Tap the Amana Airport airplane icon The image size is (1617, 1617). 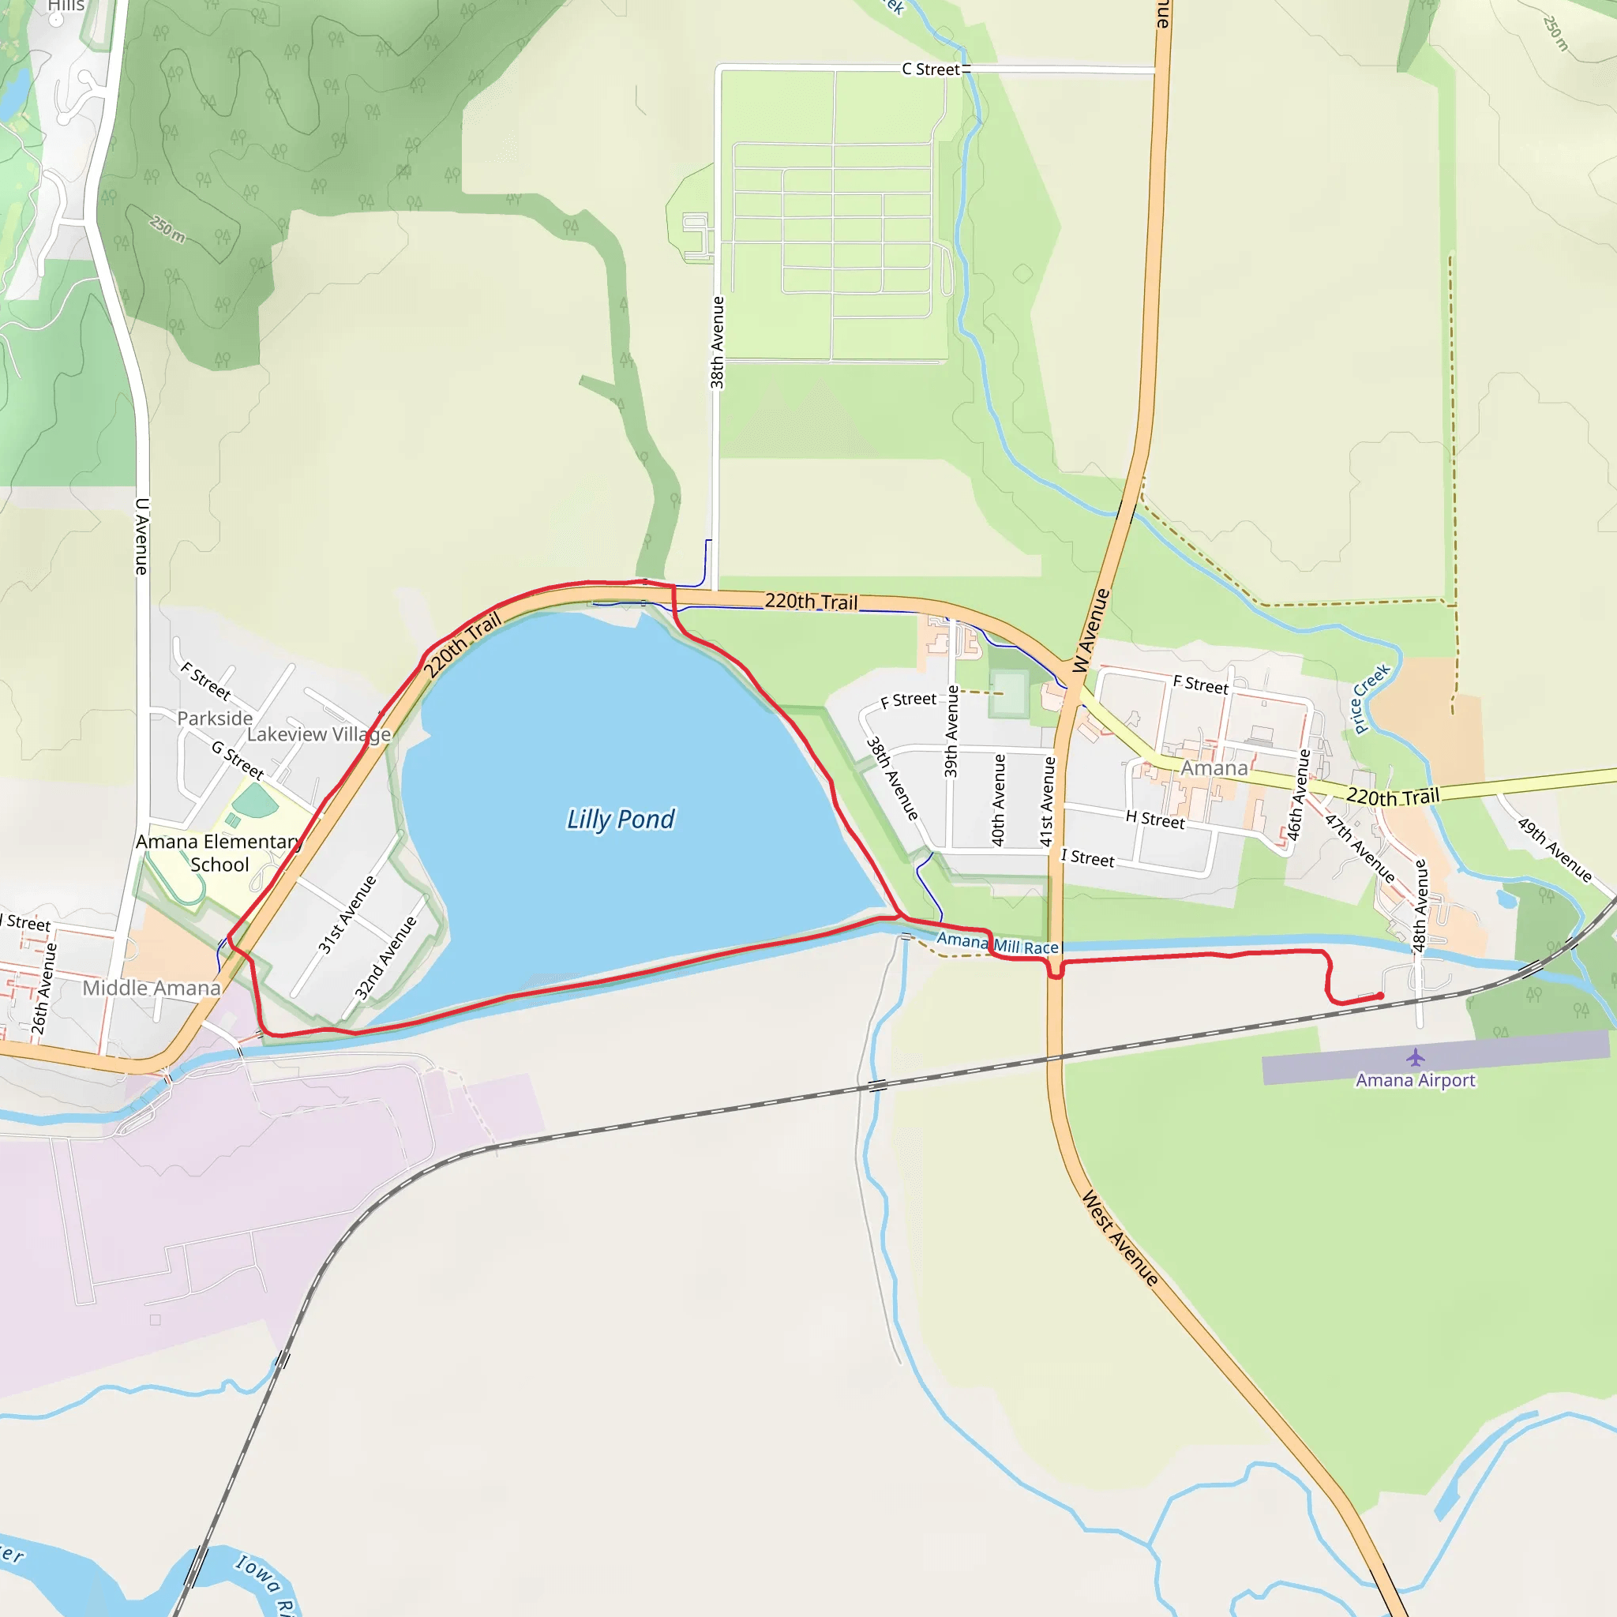pos(1416,1057)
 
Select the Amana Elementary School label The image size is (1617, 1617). pos(219,853)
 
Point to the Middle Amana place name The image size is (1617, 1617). pos(152,989)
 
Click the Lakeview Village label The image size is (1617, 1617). pos(319,734)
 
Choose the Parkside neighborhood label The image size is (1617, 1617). pos(215,718)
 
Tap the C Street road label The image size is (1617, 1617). pos(931,69)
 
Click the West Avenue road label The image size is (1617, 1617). pos(1120,1238)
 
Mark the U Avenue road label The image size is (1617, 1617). pos(142,535)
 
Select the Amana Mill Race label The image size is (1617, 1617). pos(998,944)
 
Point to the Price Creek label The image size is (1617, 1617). pos(1371,698)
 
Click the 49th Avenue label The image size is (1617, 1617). pos(1555,850)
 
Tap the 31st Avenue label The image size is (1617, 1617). pos(347,914)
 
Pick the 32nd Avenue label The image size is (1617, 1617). pos(386,959)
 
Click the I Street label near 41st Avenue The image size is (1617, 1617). pos(1087,858)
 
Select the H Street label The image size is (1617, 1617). pos(1155,820)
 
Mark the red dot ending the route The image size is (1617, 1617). pos(1380,996)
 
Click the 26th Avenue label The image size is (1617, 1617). pos(44,989)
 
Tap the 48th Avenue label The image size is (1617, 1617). pos(1420,906)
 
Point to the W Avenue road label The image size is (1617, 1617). pos(1091,630)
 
